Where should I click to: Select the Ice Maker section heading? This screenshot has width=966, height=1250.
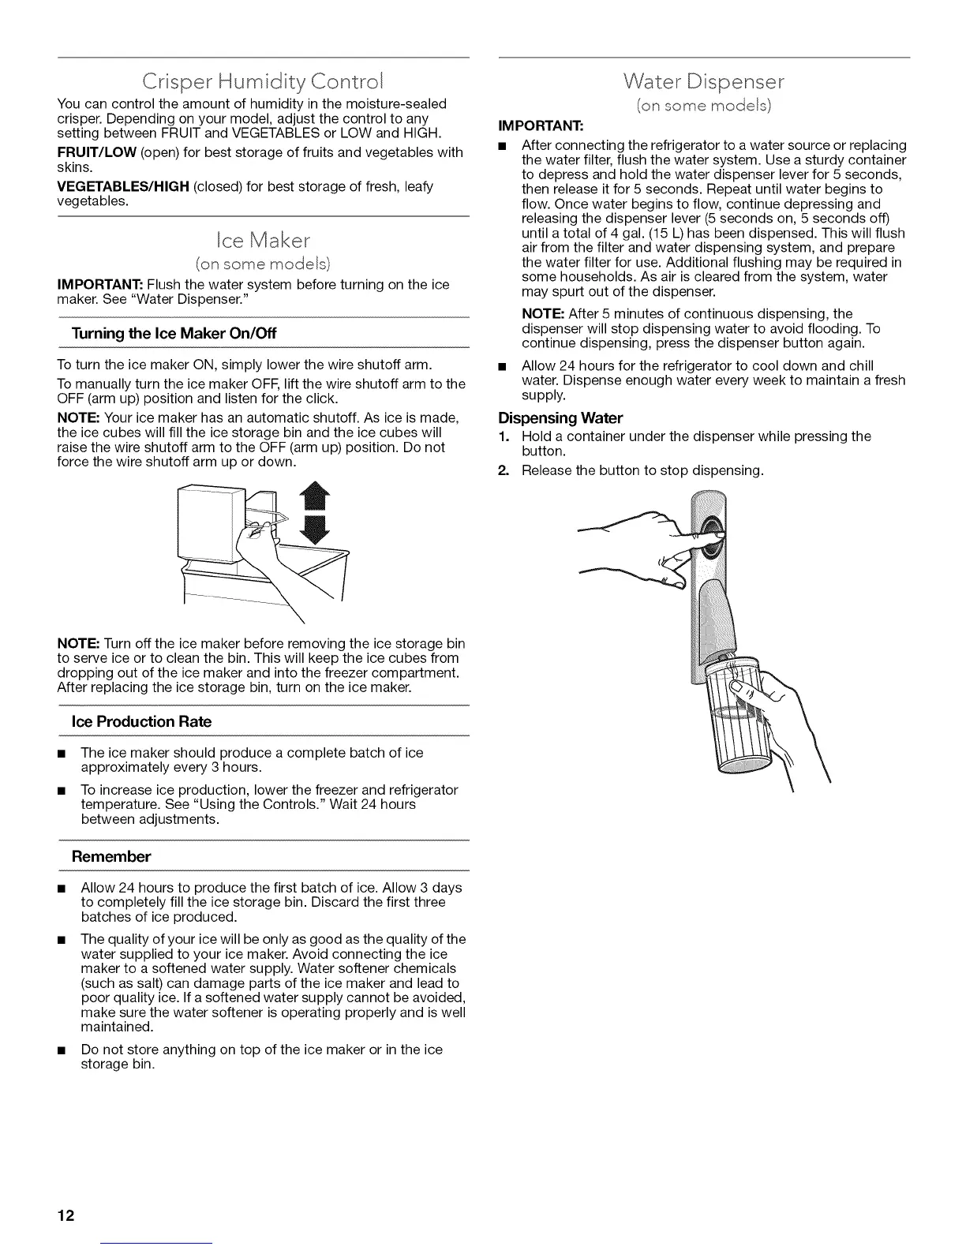(263, 239)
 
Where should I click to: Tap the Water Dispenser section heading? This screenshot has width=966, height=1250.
(703, 81)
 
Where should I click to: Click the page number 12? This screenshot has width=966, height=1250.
(65, 1215)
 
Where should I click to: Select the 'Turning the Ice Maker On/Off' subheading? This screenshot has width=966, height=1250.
(174, 334)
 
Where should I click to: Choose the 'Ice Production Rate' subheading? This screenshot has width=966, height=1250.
(141, 721)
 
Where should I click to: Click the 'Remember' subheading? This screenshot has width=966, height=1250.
(110, 856)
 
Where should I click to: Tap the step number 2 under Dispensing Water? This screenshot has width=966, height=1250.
(503, 471)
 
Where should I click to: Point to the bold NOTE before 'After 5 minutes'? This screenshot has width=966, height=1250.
(541, 314)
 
